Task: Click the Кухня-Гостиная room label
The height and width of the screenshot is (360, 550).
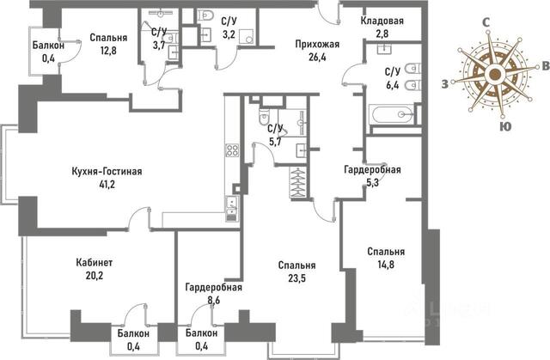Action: [x=107, y=172]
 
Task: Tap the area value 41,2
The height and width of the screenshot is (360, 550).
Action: [x=107, y=185]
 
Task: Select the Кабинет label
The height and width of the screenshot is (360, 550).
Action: [x=95, y=263]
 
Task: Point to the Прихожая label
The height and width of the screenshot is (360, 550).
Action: [x=317, y=44]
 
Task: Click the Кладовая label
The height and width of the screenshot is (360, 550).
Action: [x=382, y=21]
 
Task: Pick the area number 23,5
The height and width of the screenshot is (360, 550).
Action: [x=296, y=278]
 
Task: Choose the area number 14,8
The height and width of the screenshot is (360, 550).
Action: [x=386, y=265]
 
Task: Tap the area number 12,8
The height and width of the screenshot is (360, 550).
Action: [x=108, y=51]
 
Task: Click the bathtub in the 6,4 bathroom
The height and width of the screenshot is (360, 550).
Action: [x=392, y=114]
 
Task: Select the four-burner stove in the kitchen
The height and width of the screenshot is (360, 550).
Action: [x=232, y=150]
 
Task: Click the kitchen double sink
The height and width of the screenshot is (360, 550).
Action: [x=231, y=208]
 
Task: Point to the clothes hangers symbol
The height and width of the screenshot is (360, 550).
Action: [x=298, y=183]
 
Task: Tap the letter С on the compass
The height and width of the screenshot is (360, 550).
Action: [x=486, y=23]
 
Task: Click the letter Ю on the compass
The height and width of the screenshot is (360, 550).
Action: [x=504, y=126]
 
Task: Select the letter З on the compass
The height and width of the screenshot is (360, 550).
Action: [x=444, y=84]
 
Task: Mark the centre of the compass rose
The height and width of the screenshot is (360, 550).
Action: [x=495, y=74]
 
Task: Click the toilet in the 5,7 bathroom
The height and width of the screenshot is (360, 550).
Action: [x=264, y=116]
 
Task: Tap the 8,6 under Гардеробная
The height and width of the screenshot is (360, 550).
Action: [x=214, y=301]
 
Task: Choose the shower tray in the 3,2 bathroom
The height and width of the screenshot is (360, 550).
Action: [x=247, y=36]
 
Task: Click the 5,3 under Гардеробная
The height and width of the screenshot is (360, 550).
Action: [x=372, y=183]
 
